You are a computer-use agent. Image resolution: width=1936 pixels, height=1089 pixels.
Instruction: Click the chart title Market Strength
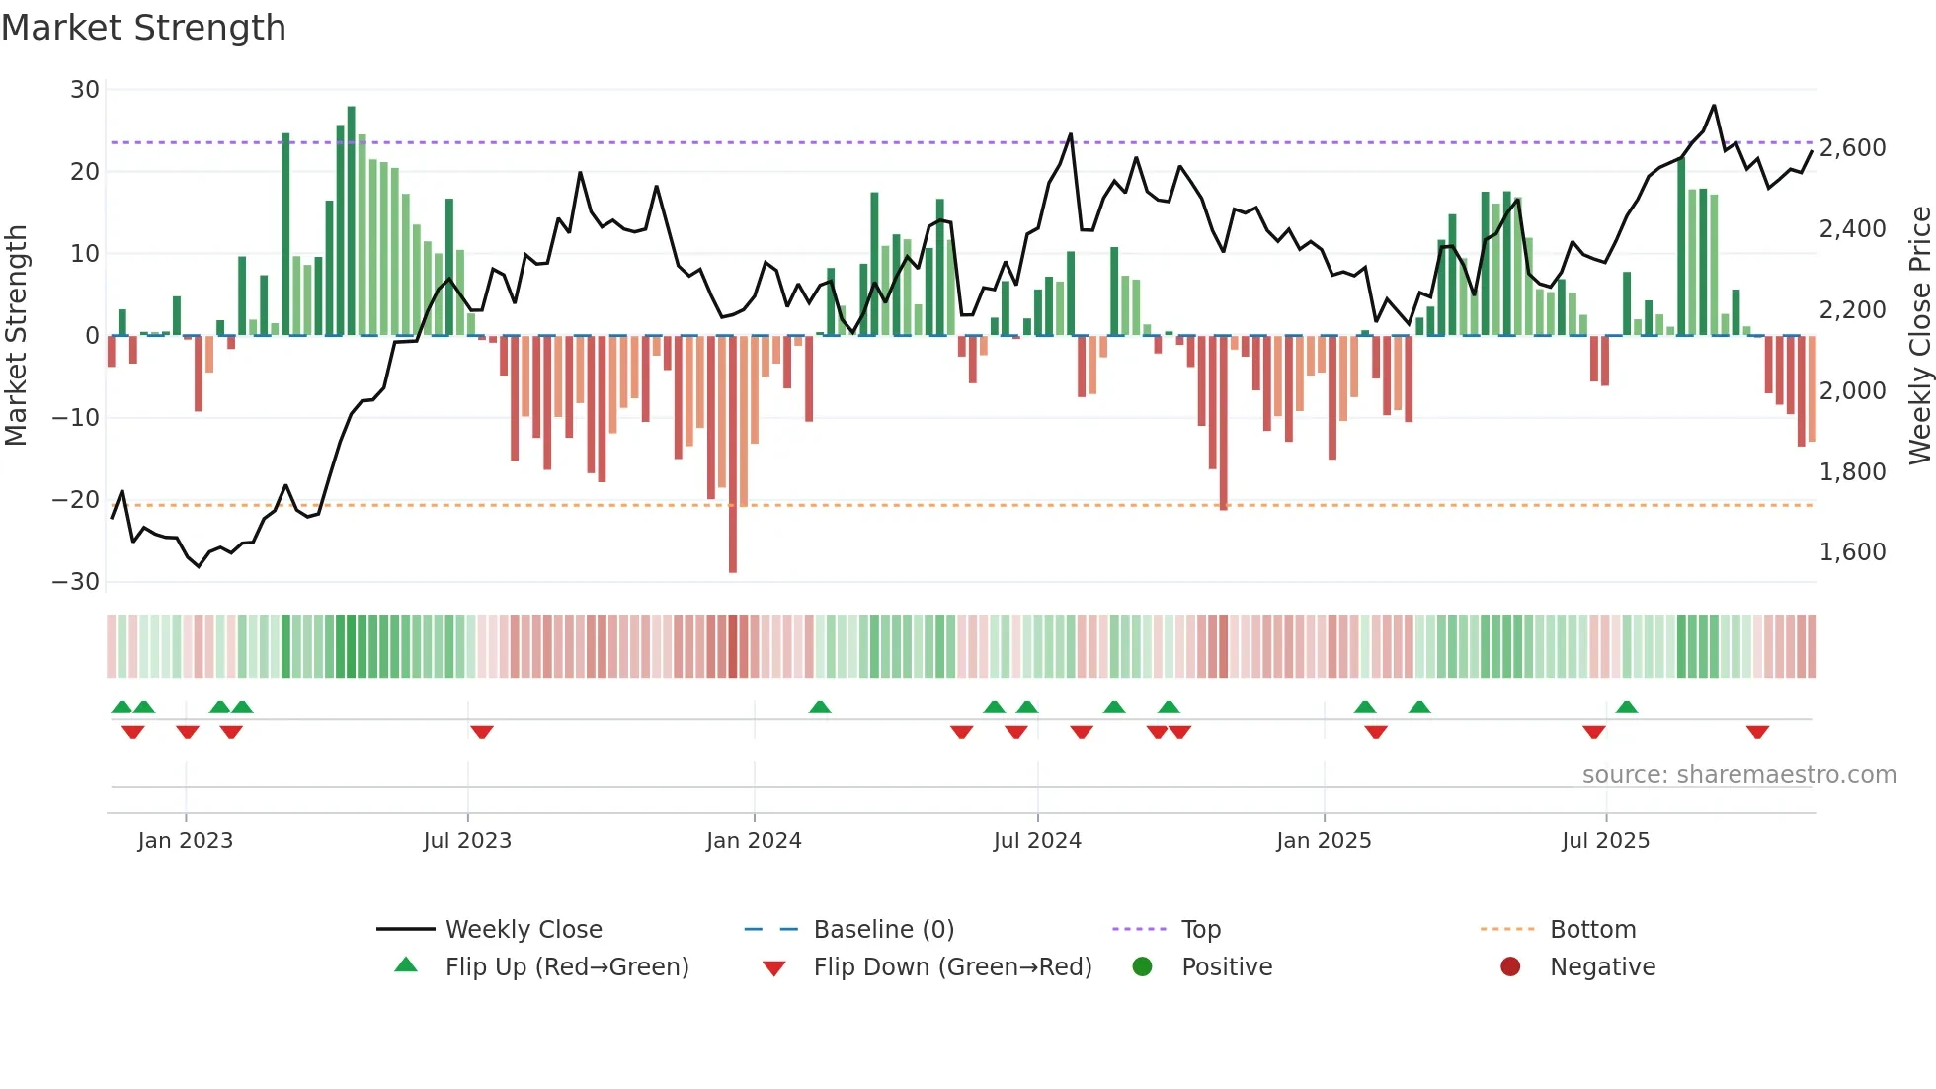pos(143,28)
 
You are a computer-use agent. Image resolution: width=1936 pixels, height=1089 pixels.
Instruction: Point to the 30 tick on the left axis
pos(85,90)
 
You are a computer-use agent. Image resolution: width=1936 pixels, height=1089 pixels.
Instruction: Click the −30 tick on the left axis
pos(76,582)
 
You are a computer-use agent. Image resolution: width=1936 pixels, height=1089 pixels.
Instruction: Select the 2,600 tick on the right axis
pos(1852,148)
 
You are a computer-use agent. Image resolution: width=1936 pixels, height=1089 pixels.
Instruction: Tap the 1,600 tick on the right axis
pos(1852,552)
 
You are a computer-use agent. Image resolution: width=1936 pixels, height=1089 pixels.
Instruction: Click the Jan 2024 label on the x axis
pos(754,841)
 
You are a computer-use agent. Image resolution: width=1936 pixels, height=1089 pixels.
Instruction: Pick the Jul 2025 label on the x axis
pos(1605,841)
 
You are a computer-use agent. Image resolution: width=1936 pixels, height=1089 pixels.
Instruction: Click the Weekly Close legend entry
pos(523,930)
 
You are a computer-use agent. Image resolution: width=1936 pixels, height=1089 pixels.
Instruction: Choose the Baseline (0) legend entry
pos(883,930)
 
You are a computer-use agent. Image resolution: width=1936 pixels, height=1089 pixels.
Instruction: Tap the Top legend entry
pos(1200,930)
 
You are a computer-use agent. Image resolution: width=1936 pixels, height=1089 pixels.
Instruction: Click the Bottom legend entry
pos(1592,930)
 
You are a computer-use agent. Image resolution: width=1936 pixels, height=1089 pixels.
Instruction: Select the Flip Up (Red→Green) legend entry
pos(566,967)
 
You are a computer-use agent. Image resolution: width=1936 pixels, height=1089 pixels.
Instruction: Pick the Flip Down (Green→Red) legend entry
pos(952,967)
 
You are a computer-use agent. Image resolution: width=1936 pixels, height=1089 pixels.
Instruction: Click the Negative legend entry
pos(1601,967)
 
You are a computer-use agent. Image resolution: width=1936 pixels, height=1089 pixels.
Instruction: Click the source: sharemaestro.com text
pos(1738,775)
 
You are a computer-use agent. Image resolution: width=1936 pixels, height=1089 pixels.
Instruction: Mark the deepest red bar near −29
pos(733,455)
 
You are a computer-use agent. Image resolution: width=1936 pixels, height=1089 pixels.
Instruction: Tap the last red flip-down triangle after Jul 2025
pos(1757,732)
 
